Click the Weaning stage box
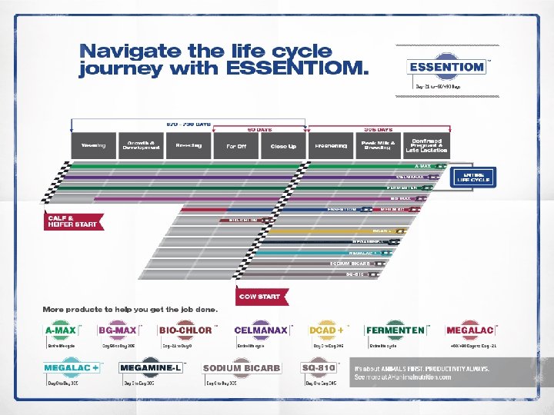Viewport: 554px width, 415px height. (x=94, y=144)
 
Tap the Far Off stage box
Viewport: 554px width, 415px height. (x=235, y=145)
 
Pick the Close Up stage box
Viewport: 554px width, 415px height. (x=283, y=145)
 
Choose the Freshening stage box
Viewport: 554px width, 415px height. (x=332, y=145)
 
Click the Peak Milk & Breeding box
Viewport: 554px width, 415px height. (x=379, y=145)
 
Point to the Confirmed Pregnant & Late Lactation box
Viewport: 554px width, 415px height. (x=426, y=145)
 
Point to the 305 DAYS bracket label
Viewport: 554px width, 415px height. (x=378, y=129)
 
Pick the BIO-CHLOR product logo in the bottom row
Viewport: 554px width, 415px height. (x=185, y=330)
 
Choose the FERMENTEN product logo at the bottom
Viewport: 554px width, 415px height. (x=395, y=330)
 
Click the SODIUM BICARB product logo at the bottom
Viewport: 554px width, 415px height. (x=241, y=368)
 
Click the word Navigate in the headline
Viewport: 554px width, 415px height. (x=130, y=52)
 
